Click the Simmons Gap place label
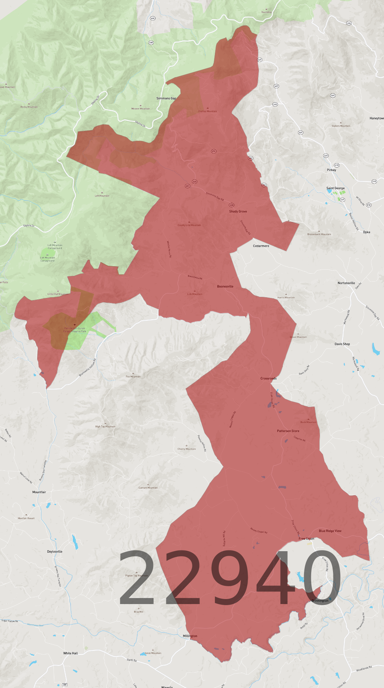(166, 98)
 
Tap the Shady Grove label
(238, 211)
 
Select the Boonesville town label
(225, 286)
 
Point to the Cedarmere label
(261, 246)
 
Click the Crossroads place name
(268, 378)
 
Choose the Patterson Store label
(288, 431)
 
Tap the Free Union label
(307, 539)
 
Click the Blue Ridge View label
(330, 531)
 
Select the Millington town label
(190, 636)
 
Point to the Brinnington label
(320, 600)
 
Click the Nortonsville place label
(346, 283)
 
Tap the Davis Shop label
(342, 344)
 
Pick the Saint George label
(335, 188)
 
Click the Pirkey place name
(332, 170)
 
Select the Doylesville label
(55, 552)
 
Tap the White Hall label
(70, 653)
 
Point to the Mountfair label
(39, 492)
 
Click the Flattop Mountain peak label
(208, 111)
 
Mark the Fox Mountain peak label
(133, 377)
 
